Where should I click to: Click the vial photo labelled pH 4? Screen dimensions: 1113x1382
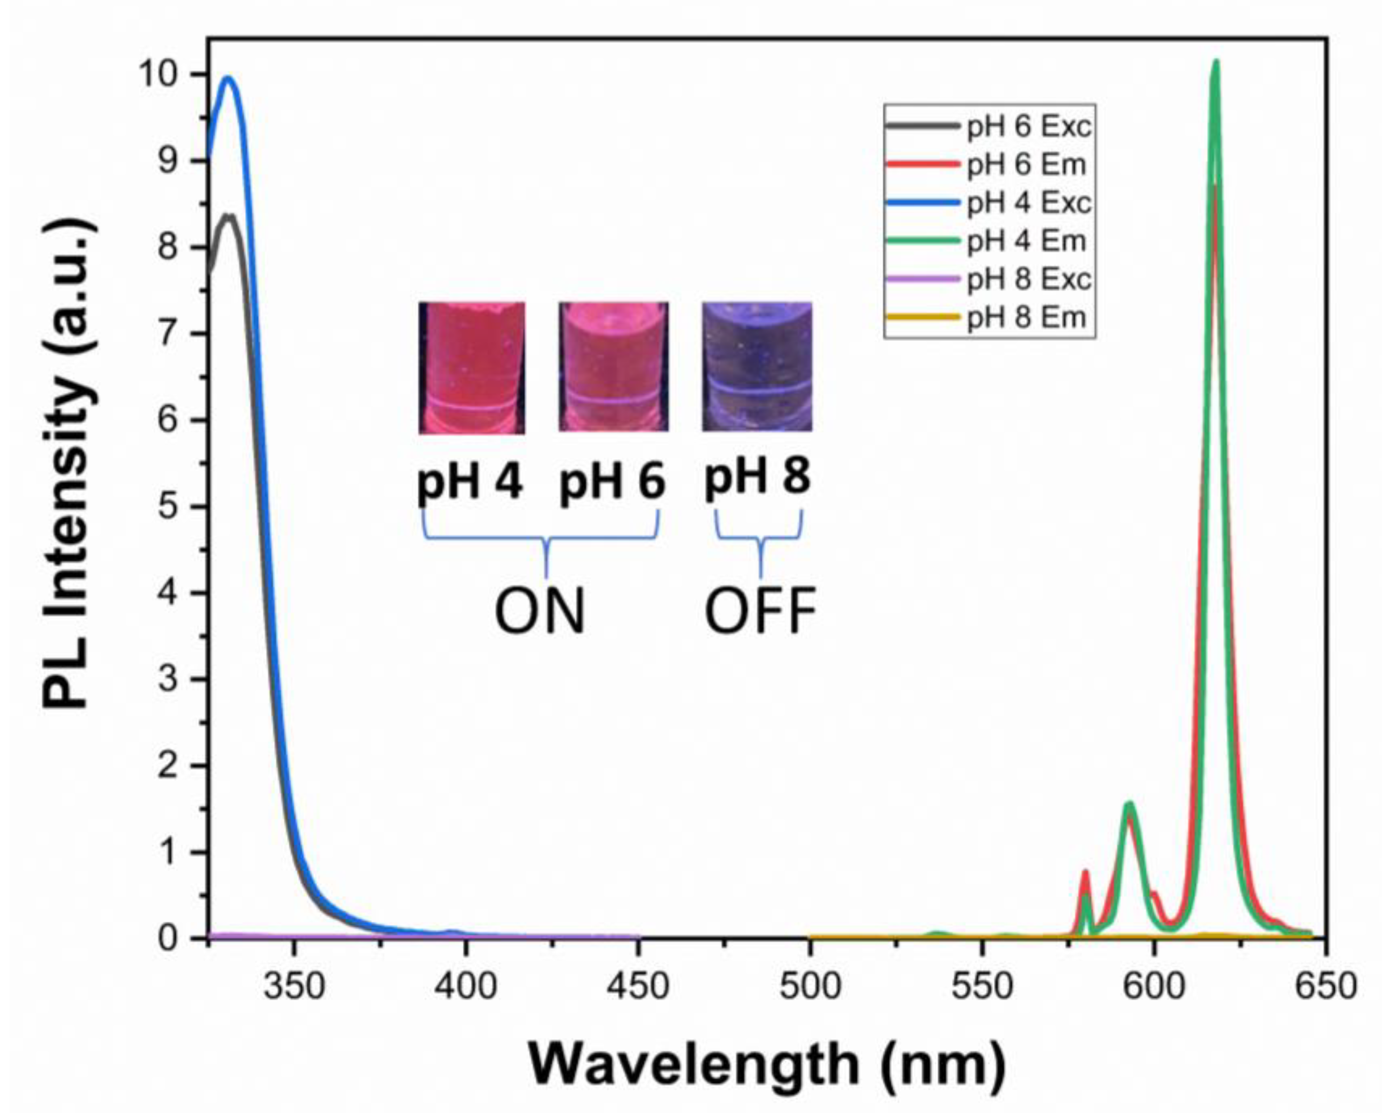click(x=471, y=368)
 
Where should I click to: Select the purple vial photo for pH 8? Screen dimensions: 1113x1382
click(x=757, y=367)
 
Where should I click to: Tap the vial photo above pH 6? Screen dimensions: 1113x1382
click(x=613, y=367)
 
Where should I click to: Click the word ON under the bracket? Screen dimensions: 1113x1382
click(x=540, y=612)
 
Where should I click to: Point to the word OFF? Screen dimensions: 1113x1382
click(x=760, y=612)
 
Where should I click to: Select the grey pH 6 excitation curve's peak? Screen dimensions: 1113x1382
click(x=228, y=216)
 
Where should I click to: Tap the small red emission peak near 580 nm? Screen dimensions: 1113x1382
click(x=1085, y=872)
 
